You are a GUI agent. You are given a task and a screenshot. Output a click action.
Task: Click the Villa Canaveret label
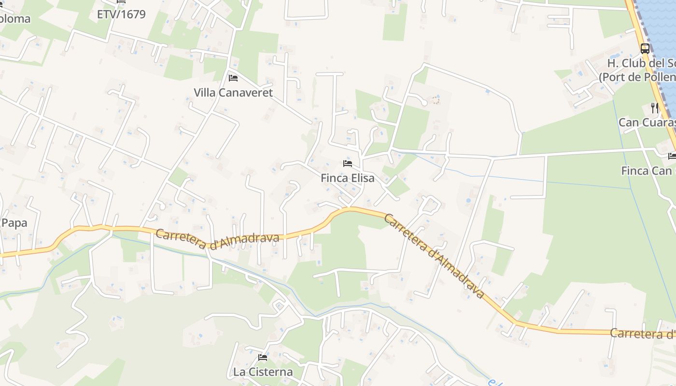pyautogui.click(x=233, y=93)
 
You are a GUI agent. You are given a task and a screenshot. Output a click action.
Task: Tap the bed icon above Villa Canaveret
pyautogui.click(x=233, y=78)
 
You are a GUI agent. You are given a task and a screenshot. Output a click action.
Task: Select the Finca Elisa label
pyautogui.click(x=347, y=178)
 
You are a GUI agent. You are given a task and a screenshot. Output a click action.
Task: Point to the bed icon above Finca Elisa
pyautogui.click(x=348, y=164)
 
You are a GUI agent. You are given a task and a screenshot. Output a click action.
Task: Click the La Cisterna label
pyautogui.click(x=263, y=372)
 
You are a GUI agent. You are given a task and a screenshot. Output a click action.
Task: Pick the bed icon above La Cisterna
pyautogui.click(x=263, y=358)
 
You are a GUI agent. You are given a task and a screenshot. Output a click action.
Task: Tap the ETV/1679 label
pyautogui.click(x=121, y=14)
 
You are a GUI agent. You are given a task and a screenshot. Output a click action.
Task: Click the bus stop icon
pyautogui.click(x=645, y=48)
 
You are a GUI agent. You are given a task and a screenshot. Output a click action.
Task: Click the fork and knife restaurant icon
pyautogui.click(x=655, y=108)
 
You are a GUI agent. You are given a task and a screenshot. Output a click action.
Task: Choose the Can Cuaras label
pyautogui.click(x=647, y=123)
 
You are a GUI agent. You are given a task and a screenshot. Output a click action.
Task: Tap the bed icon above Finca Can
pyautogui.click(x=672, y=156)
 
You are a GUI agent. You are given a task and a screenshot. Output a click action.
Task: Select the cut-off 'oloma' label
pyautogui.click(x=14, y=19)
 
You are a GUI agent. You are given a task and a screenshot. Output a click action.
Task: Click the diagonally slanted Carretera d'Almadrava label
pyautogui.click(x=434, y=256)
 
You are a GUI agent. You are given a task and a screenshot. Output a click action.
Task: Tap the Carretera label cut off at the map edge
pyautogui.click(x=642, y=333)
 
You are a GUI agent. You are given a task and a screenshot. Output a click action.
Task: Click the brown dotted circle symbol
pyautogui.click(x=436, y=100)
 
